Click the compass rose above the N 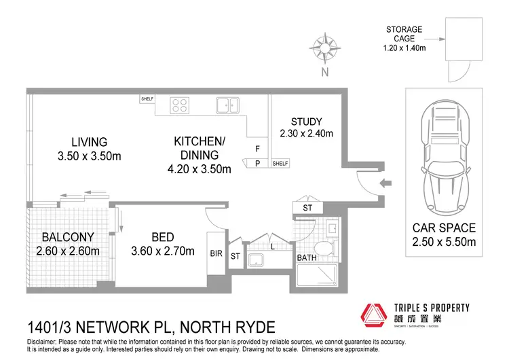click(324, 48)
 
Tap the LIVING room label click(89, 143)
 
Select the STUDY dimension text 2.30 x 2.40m click(306, 134)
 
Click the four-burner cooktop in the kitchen click(180, 105)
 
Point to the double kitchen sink click(227, 105)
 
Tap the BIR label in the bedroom click(216, 253)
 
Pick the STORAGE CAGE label click(404, 34)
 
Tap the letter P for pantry click(257, 163)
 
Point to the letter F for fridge click(257, 149)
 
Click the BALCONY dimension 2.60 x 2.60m click(67, 251)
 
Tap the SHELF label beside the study click(280, 164)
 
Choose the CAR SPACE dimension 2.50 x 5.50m click(445, 242)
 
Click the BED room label click(163, 237)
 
